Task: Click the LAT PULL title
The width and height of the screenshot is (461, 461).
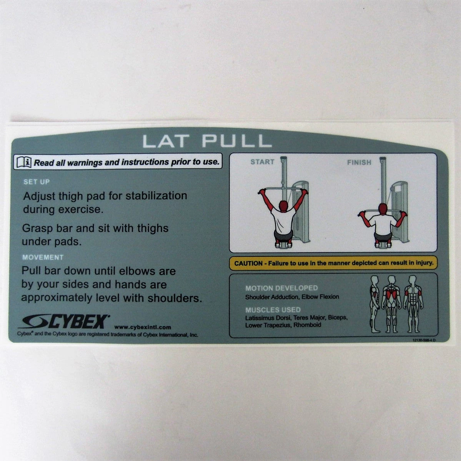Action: [x=207, y=141]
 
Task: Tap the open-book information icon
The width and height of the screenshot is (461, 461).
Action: [x=24, y=162]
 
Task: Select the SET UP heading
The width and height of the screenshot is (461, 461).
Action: [x=37, y=182]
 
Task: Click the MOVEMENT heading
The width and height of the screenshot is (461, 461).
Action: [x=43, y=257]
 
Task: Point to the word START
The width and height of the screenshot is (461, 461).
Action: [x=262, y=162]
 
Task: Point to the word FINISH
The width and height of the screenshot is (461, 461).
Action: [x=359, y=162]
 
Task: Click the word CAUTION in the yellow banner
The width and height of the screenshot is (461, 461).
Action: [x=248, y=263]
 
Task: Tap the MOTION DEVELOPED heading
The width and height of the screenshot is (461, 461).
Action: [x=282, y=288]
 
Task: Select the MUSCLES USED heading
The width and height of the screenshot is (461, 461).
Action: [x=273, y=310]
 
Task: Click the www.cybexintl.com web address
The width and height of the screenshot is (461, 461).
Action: [x=143, y=327]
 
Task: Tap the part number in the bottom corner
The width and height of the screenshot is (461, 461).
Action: [x=424, y=340]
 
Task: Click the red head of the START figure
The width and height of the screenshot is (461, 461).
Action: [x=283, y=206]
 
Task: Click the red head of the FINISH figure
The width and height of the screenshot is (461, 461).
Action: [x=383, y=209]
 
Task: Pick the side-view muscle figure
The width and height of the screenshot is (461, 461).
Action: [x=374, y=304]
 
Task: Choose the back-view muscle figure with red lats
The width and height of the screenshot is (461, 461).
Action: [x=391, y=304]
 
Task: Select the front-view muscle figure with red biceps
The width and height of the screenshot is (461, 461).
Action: [x=413, y=304]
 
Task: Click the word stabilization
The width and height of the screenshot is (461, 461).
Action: [x=156, y=196]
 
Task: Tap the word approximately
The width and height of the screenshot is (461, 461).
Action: [x=57, y=298]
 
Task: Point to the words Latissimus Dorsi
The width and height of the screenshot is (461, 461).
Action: [x=268, y=318]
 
